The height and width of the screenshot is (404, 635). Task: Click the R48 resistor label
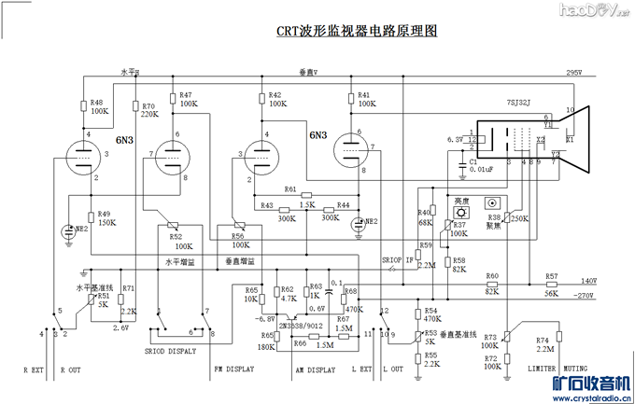(x=97, y=106)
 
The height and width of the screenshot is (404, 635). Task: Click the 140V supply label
(x=588, y=280)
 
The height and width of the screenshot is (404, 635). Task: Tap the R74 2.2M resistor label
(x=543, y=344)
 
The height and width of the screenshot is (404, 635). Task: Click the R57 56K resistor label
(x=552, y=285)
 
